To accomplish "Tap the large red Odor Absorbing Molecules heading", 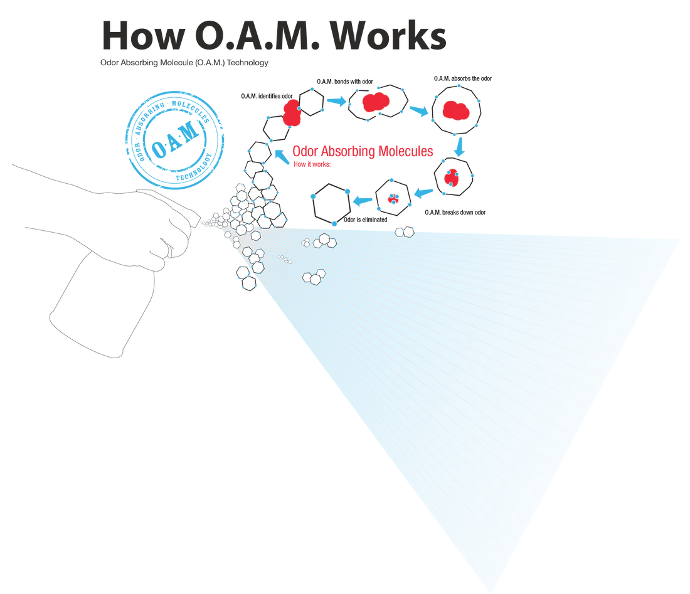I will click(x=363, y=151).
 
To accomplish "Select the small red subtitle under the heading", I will click(x=311, y=164).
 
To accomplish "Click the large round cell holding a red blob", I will click(x=457, y=109).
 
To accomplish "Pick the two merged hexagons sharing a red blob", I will click(x=378, y=102).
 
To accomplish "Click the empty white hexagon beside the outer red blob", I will click(x=310, y=102).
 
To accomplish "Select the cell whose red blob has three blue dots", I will click(x=452, y=176).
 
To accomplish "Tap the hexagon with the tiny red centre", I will click(x=393, y=197).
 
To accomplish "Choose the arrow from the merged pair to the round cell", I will click(x=418, y=108).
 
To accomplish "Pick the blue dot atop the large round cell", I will click(x=459, y=83).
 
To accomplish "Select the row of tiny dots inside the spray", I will click(x=285, y=258).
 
